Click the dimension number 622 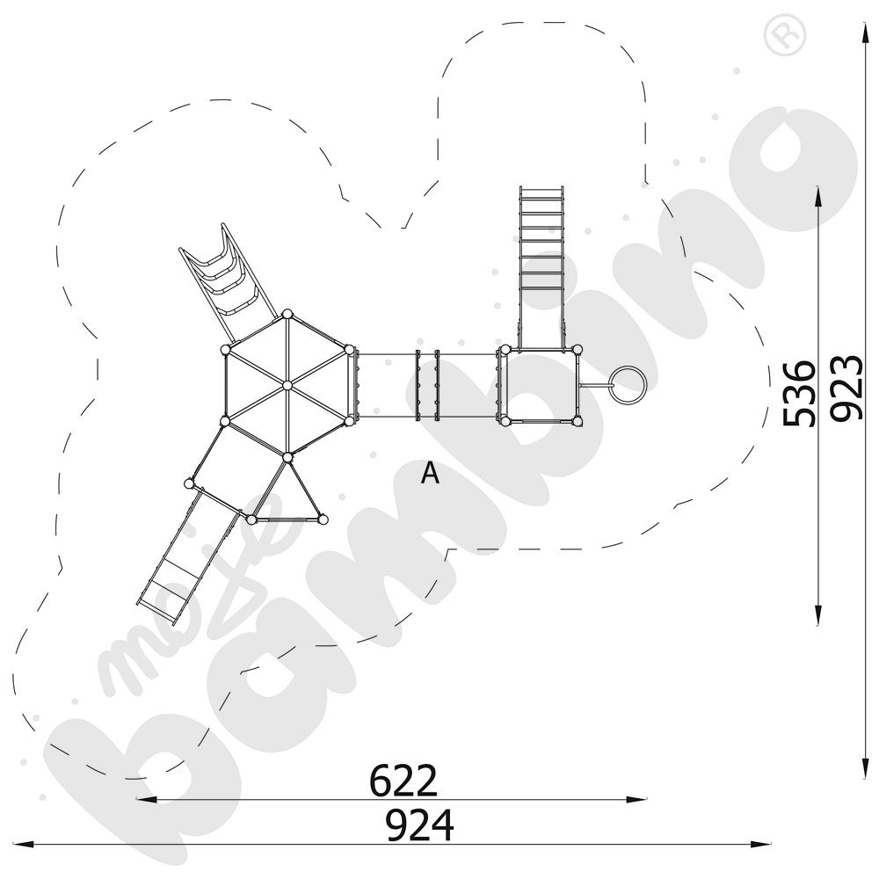click(x=403, y=780)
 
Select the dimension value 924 click(x=420, y=826)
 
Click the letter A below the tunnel click(x=430, y=474)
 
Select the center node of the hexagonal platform click(x=287, y=385)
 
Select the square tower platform click(x=540, y=385)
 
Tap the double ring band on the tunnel click(x=426, y=385)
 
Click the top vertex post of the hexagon click(x=287, y=313)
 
